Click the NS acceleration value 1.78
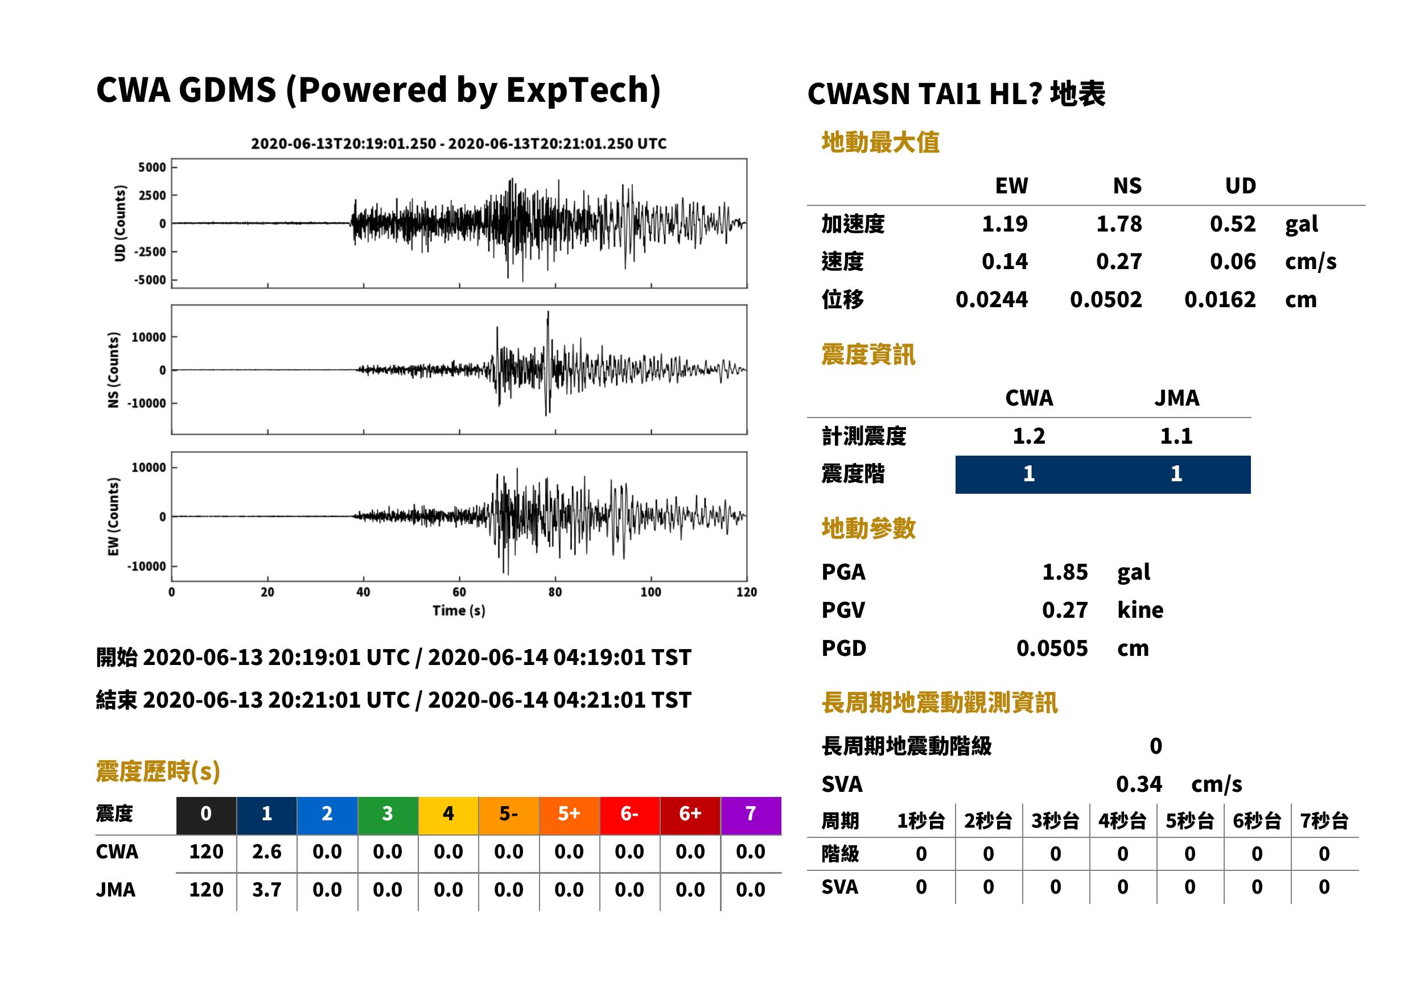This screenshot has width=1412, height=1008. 1118,224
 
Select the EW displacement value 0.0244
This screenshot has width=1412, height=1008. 991,300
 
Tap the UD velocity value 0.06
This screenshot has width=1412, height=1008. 1233,262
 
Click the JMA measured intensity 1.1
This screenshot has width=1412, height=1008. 1176,436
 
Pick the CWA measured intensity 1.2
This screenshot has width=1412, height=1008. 1029,436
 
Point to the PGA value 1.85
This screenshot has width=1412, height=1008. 1065,572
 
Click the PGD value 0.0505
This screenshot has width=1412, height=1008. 1052,648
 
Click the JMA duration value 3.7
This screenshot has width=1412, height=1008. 266,890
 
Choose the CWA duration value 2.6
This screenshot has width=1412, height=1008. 266,852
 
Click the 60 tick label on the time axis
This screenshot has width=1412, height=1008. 459,592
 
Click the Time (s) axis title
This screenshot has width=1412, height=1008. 459,611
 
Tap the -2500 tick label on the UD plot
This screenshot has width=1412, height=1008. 150,252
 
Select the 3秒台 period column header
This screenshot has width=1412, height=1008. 1055,821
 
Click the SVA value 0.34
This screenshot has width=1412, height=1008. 1139,784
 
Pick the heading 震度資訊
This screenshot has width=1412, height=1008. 868,355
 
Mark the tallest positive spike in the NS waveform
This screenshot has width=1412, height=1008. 547,312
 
